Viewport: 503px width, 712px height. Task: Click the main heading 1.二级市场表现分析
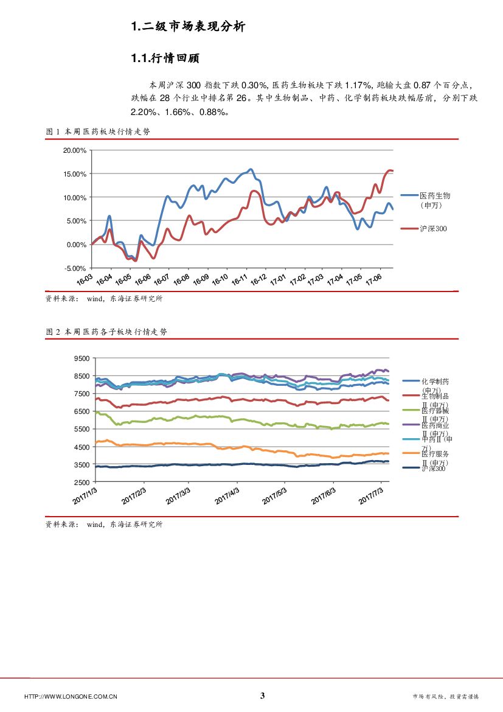point(188,26)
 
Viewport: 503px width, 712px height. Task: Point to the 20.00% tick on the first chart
point(75,150)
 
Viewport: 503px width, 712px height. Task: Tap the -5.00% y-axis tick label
point(75,268)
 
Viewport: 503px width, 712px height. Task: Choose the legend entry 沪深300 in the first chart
point(433,228)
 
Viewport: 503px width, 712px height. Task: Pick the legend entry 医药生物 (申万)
point(435,200)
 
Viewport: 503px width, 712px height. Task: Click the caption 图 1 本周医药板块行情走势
point(98,131)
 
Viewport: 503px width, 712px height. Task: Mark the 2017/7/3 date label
point(371,493)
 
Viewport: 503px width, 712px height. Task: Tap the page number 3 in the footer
point(263,696)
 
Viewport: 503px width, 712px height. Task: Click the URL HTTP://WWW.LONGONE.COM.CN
point(71,696)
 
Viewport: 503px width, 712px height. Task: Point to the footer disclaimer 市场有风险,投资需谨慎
point(446,696)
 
